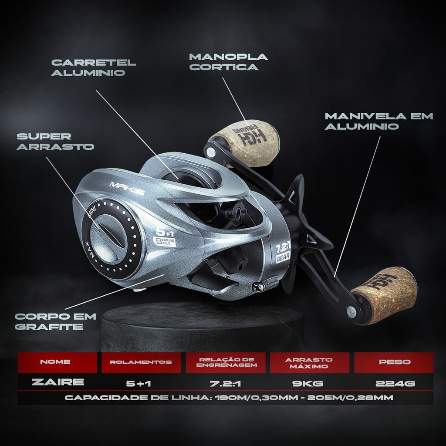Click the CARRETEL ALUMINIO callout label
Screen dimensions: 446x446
(x=93, y=68)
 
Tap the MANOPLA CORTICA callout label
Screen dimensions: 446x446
(x=229, y=62)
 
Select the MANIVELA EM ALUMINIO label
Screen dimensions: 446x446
(x=379, y=121)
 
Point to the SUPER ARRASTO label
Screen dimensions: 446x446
(x=55, y=141)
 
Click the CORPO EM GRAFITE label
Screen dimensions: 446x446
(x=49, y=321)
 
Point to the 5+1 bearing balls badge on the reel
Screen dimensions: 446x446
(x=165, y=237)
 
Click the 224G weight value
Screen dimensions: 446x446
(x=395, y=383)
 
